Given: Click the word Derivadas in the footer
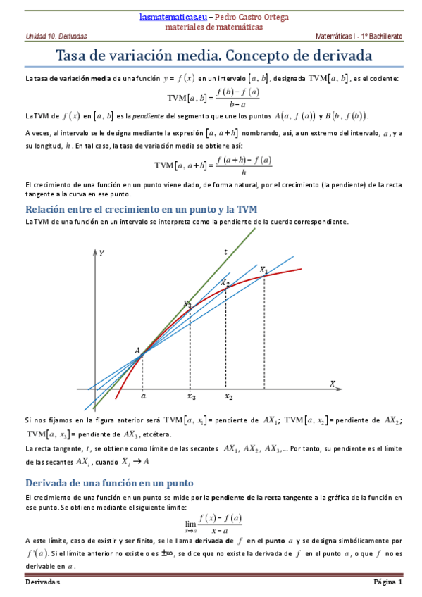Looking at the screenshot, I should click(x=43, y=582).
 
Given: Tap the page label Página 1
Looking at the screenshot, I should click(x=387, y=582).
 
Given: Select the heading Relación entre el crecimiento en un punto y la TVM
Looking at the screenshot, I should click(x=141, y=209).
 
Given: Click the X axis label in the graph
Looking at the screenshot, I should click(x=332, y=383).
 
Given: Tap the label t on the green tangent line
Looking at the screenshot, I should click(x=225, y=252).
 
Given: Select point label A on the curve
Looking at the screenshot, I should click(x=137, y=350).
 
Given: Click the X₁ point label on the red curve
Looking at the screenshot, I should click(x=263, y=270).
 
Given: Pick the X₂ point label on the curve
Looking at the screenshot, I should click(x=225, y=283).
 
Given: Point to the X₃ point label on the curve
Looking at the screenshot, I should click(x=187, y=304).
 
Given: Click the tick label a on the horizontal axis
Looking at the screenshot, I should click(x=143, y=396).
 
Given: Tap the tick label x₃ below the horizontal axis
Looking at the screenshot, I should click(x=191, y=397).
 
